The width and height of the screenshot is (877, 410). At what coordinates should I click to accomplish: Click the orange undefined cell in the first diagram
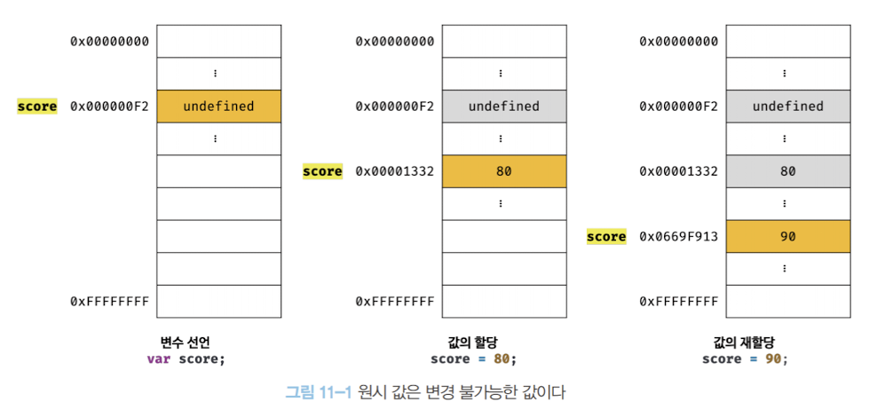tap(218, 106)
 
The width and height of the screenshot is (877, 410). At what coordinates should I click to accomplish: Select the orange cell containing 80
tap(503, 171)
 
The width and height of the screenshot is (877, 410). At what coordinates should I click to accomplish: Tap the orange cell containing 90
tap(787, 237)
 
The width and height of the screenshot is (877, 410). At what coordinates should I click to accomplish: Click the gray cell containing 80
tap(787, 171)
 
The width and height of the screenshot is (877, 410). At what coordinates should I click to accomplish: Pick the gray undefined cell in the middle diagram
tap(503, 106)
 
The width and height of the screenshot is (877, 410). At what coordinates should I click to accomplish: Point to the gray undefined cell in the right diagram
tap(787, 106)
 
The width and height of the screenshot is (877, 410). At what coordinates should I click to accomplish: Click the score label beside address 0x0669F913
tap(606, 237)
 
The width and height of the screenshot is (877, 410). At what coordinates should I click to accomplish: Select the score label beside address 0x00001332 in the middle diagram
tap(322, 171)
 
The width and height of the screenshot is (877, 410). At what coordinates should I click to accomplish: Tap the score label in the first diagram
tap(37, 106)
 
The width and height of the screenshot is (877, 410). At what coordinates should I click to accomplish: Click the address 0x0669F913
tap(679, 237)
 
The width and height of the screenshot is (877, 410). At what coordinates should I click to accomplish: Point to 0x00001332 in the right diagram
tap(679, 171)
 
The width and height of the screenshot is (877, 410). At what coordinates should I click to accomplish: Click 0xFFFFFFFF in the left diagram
tap(110, 302)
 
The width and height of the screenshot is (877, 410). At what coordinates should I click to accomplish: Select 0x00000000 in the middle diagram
tap(395, 41)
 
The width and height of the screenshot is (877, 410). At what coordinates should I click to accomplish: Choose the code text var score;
tap(186, 359)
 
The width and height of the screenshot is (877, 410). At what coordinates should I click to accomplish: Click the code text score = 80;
tap(472, 359)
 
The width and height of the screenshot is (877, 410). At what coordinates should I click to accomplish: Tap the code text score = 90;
tap(745, 359)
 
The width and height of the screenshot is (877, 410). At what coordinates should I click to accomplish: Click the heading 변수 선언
tap(186, 343)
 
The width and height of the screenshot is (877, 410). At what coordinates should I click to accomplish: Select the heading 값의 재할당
tap(745, 343)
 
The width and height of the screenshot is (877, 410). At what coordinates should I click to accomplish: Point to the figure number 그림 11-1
tap(319, 390)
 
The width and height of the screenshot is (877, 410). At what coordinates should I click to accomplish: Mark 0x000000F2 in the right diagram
tap(679, 106)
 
